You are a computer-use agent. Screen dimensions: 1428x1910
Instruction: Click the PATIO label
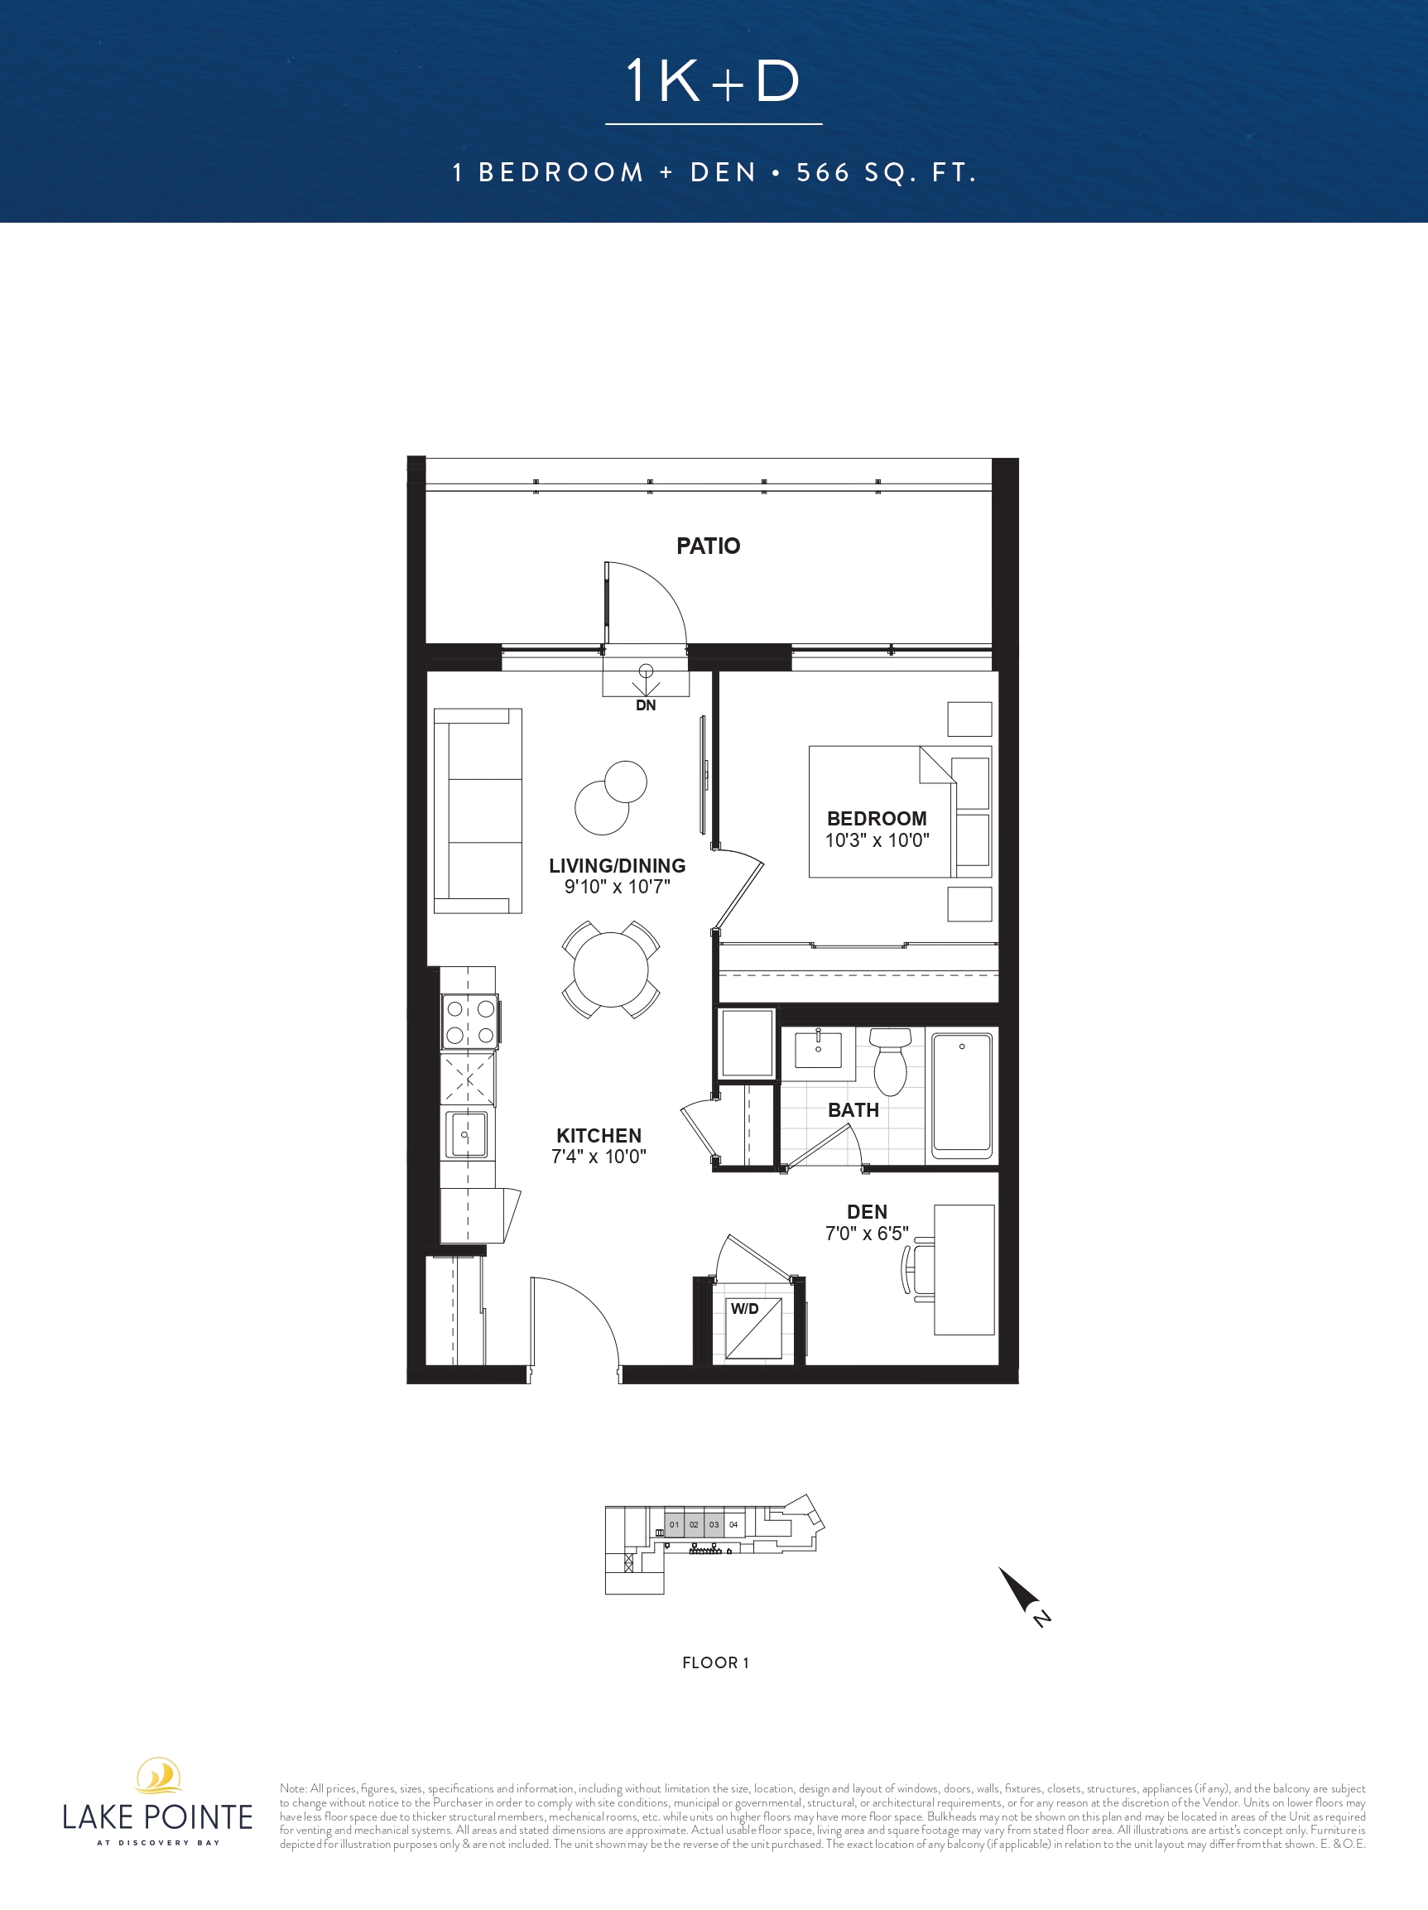[708, 546]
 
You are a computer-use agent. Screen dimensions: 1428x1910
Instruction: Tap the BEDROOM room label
[877, 818]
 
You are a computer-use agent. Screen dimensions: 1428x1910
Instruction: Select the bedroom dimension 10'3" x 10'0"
[877, 840]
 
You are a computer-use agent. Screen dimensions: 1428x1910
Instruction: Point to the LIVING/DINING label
[618, 865]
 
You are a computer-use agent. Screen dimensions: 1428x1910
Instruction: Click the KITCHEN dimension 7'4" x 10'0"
[599, 1157]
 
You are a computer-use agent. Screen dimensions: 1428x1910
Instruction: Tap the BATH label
[853, 1110]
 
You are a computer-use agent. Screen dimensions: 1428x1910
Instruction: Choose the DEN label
[867, 1212]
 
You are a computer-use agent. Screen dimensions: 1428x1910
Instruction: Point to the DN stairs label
[645, 705]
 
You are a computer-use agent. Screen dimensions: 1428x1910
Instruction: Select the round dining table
[610, 969]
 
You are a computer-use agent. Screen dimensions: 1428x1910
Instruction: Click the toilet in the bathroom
[890, 1061]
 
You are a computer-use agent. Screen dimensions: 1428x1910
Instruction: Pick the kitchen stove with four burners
[469, 1022]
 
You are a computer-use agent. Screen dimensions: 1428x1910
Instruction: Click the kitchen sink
[466, 1133]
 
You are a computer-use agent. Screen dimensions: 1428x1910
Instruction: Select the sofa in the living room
[478, 811]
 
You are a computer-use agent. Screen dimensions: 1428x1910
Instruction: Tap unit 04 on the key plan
[733, 1525]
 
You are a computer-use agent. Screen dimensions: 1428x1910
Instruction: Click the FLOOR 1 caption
[716, 1663]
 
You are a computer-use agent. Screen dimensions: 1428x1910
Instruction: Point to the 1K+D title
[713, 81]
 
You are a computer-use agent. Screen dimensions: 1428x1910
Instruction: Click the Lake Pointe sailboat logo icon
[158, 1776]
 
